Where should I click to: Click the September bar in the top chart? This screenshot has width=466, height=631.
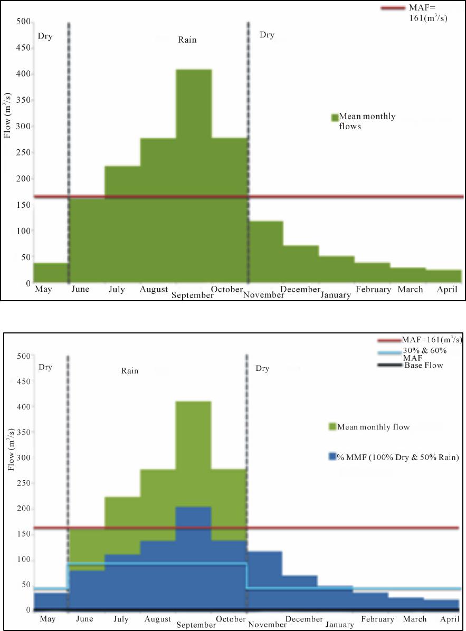[194, 174]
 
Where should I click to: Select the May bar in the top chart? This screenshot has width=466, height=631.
[51, 273]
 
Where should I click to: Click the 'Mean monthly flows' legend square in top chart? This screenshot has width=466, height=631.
[334, 117]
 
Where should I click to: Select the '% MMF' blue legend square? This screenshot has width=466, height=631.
[332, 457]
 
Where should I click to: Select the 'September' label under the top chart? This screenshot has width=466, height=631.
[193, 295]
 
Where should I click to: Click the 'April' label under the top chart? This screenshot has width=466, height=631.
[449, 289]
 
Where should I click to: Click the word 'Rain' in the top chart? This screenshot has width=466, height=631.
[187, 40]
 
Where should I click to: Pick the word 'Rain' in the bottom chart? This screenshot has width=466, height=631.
[129, 371]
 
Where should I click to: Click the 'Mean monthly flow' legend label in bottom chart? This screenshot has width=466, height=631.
[373, 427]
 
